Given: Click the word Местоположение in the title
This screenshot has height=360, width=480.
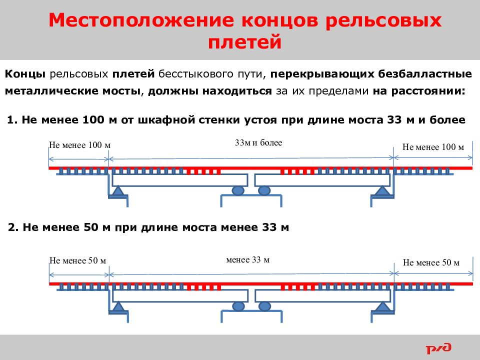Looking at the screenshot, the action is [x=141, y=20].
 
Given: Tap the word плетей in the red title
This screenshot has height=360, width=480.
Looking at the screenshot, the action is [x=244, y=42].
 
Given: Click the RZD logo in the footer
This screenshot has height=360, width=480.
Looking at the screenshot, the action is [x=438, y=348].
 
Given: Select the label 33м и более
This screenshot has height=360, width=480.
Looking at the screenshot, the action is [x=258, y=142].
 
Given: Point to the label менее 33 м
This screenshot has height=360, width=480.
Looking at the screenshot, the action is [x=247, y=260].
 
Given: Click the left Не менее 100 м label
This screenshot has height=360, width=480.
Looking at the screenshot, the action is [x=79, y=145].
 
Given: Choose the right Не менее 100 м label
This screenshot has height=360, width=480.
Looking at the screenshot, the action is [x=433, y=147].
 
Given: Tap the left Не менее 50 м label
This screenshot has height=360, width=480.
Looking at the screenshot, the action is [x=78, y=260].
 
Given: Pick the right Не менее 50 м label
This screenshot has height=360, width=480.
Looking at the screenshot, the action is [x=431, y=262].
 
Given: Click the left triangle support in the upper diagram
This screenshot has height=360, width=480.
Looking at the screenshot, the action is [x=117, y=191].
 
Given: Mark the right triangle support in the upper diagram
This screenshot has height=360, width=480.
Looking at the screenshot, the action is [x=382, y=191].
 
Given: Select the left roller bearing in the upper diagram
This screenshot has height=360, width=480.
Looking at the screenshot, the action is [x=238, y=190].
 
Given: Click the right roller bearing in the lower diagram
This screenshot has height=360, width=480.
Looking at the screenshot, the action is [x=264, y=306].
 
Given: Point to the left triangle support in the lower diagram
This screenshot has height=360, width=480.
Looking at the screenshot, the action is [x=118, y=306].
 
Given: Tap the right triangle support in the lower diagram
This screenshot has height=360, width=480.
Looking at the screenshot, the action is [x=382, y=306].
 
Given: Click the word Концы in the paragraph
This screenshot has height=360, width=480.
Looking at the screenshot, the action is [x=25, y=74].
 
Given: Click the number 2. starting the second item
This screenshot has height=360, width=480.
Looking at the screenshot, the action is [x=13, y=227].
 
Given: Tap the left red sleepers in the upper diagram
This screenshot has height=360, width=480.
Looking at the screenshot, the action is [x=203, y=171].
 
